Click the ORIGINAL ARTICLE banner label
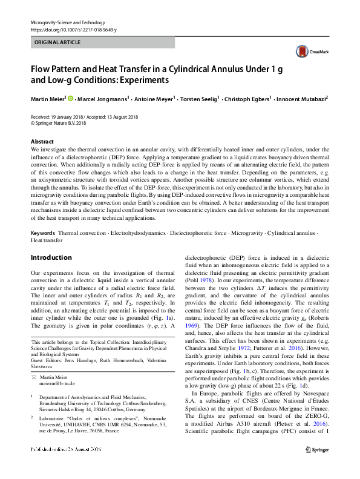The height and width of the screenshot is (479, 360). [x=57, y=43]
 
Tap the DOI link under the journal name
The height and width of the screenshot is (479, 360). [x=73, y=30]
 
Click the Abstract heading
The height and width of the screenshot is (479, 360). [x=41, y=141]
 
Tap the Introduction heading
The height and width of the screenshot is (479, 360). [x=51, y=257]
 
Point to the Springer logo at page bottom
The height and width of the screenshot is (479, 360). [x=316, y=466]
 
